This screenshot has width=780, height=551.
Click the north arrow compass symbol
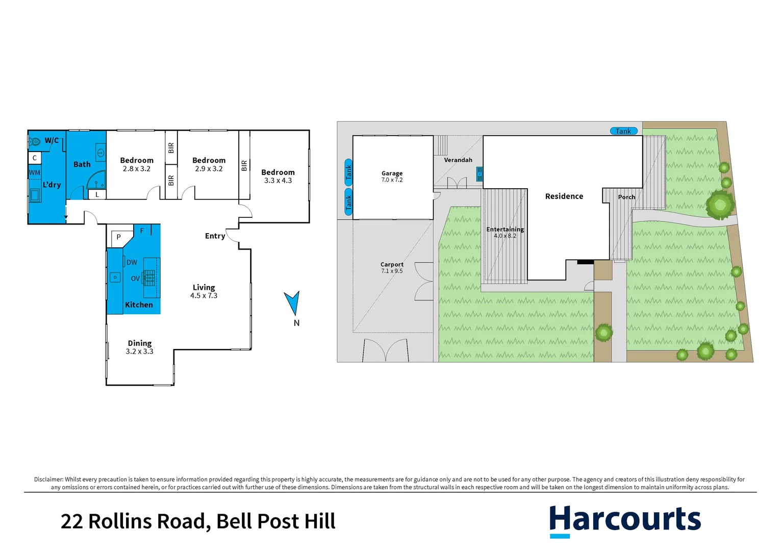pos(292,303)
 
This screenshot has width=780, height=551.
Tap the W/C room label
pos(52,140)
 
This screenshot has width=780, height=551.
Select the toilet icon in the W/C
pos(35,141)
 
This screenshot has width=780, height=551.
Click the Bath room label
pos(82,164)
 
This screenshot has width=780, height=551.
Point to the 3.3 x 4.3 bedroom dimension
pos(278,181)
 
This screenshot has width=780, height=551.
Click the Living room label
pos(204,287)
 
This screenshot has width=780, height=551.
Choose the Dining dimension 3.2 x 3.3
pos(139,352)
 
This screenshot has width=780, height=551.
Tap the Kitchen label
pos(139,305)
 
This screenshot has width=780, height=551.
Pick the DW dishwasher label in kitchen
pos(132,262)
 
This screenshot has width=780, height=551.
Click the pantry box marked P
pos(119,237)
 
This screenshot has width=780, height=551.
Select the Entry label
pos(215,236)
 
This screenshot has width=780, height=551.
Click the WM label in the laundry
pos(34,172)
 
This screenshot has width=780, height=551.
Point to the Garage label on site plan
pos(392,173)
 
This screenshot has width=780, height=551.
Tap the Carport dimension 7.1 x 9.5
pos(392,271)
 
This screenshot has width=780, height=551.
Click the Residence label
pos(564,196)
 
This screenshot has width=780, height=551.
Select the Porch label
pos(626,197)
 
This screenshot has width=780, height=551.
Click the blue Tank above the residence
pos(623,131)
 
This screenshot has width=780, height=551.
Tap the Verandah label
pos(458,160)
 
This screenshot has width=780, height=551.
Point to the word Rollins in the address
pos(147,521)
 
